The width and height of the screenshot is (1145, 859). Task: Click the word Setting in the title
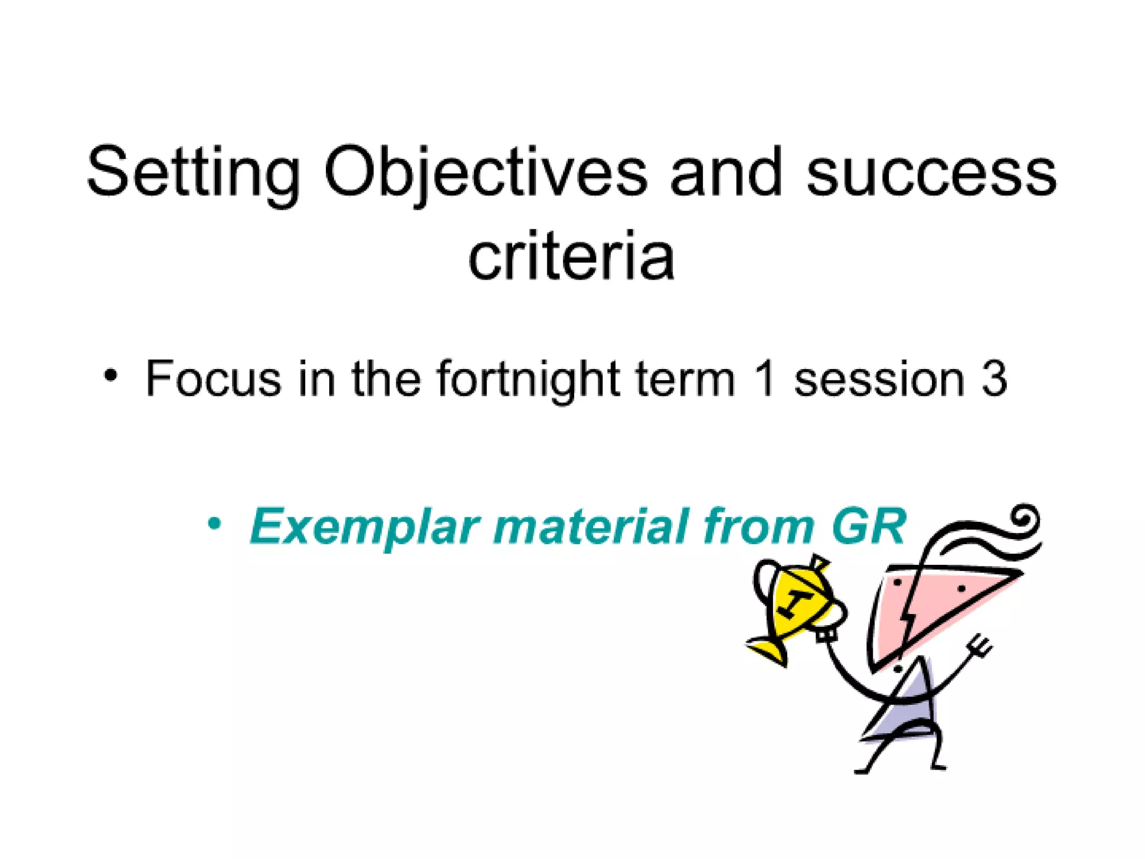tap(193, 173)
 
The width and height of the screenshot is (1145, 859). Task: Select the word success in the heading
tap(931, 173)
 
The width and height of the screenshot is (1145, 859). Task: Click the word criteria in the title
tap(571, 257)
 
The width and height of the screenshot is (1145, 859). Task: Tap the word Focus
tap(213, 379)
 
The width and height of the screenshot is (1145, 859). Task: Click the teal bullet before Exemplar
tap(214, 525)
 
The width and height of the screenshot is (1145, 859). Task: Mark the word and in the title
tap(726, 173)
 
